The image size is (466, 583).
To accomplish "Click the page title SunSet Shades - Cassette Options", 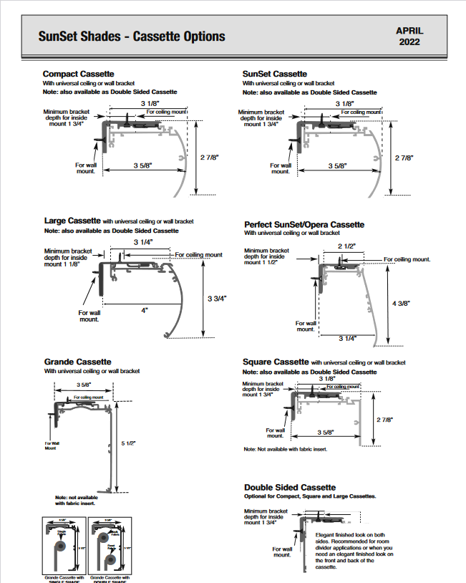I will [132, 37].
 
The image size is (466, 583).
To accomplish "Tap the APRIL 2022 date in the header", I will [409, 36].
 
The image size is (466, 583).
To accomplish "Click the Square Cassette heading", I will [276, 362].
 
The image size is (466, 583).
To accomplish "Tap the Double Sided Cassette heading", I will [289, 487].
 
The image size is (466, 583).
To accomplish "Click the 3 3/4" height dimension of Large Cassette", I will [218, 298].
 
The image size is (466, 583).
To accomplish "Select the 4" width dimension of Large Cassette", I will [144, 310].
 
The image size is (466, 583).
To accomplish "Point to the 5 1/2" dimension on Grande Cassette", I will [129, 443].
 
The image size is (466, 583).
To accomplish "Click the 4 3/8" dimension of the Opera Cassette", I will [400, 304].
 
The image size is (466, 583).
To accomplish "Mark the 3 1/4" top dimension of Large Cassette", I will [142, 242].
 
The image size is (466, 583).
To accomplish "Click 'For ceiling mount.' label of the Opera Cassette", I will [407, 259].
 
